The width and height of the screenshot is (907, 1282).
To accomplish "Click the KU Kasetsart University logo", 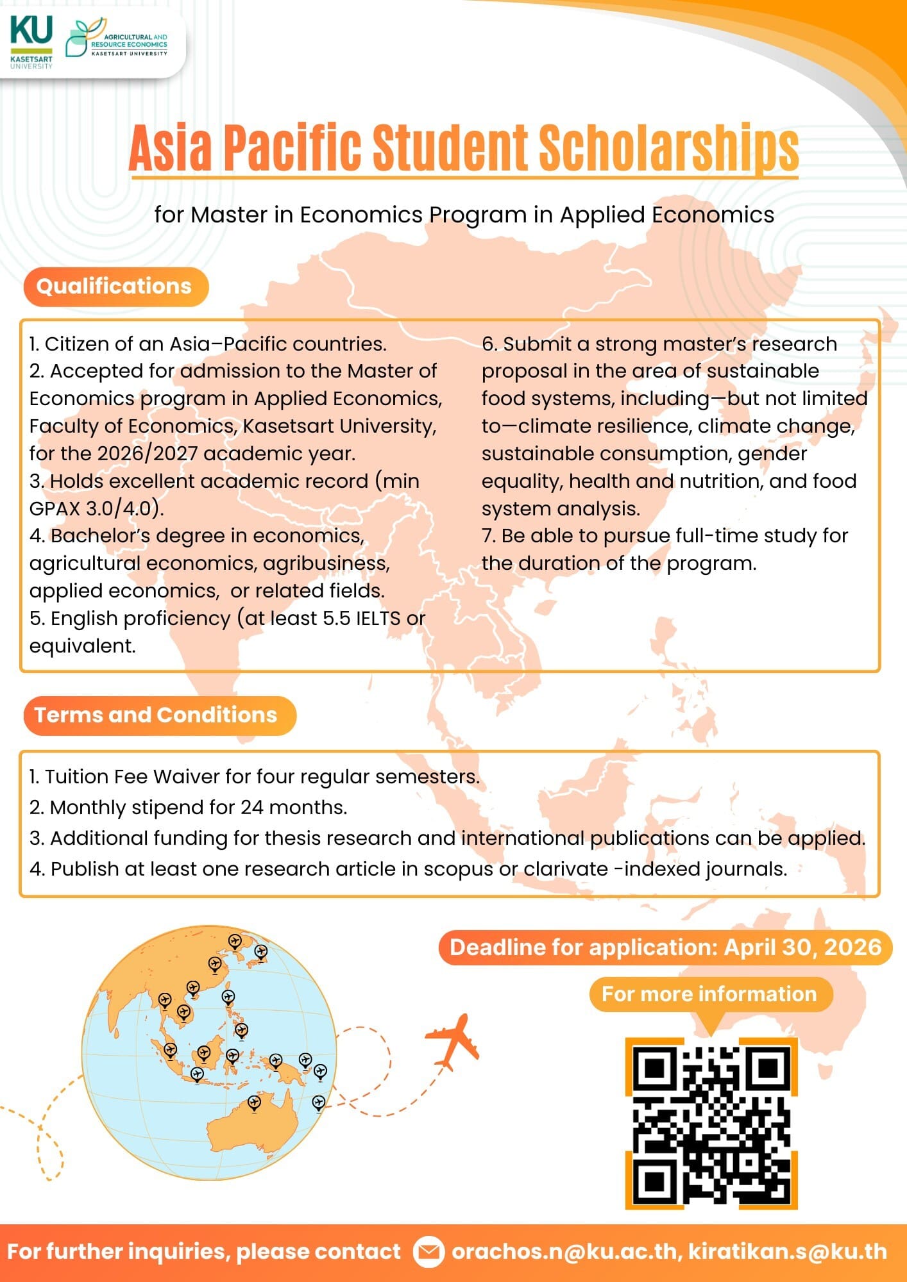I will coord(31,42).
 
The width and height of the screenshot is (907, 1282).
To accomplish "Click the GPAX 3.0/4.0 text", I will coord(97,508).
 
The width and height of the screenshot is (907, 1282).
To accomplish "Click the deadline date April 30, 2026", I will coord(802,947).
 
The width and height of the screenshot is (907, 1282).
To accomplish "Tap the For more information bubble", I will coord(709,994).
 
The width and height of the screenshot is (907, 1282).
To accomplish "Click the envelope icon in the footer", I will coord(428,1252).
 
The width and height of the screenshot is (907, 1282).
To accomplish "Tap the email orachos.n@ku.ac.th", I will coord(564,1251).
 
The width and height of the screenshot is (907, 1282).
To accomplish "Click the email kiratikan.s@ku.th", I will coord(787,1251).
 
